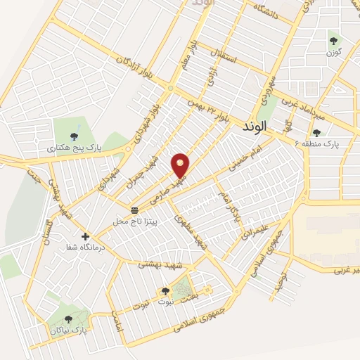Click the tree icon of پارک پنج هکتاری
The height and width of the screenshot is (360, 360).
pos(75,136)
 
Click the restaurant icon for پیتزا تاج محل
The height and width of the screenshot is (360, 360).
pos(134,210)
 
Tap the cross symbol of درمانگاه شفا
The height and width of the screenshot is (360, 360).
pos(86,236)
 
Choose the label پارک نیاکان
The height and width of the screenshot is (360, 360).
pos(67,328)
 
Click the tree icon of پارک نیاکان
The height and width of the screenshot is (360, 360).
pos(67,318)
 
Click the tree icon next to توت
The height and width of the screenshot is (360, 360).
pos(165,291)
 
